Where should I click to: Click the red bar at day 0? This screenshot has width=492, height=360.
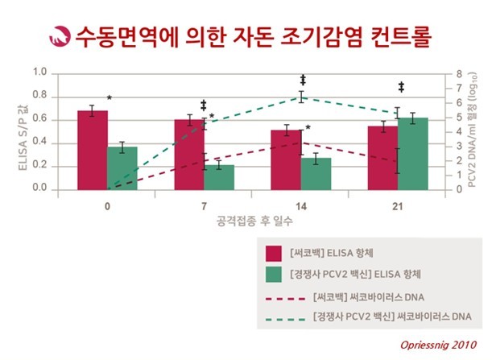[x=93, y=150]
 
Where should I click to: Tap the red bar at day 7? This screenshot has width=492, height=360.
[x=189, y=154]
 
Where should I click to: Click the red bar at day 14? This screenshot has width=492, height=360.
[x=286, y=159]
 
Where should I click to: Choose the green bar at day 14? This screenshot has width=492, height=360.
[x=316, y=173]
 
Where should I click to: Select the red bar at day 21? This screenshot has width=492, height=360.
[x=382, y=157]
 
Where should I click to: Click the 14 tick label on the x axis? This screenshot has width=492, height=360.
[x=301, y=204]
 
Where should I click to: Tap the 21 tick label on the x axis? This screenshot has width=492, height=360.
[x=398, y=204]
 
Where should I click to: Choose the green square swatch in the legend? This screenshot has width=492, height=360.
[x=273, y=274]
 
